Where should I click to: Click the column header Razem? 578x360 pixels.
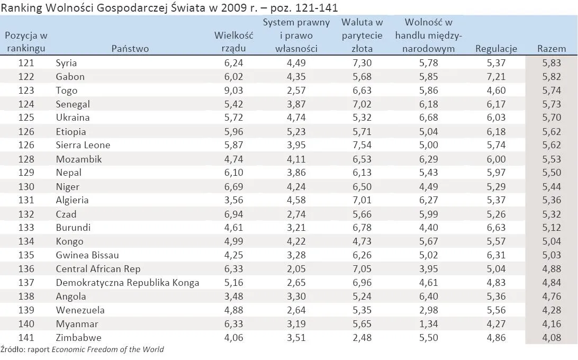(x=552, y=49)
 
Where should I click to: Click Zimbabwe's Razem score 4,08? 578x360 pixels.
(x=552, y=338)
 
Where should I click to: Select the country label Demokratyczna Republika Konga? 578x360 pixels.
(x=128, y=283)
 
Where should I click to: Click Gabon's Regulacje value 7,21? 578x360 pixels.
(x=496, y=76)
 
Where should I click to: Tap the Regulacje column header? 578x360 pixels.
(x=496, y=49)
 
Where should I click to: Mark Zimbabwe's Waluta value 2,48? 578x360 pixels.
(x=362, y=338)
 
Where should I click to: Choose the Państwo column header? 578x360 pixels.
(x=130, y=49)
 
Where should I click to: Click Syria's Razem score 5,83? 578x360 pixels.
(x=552, y=62)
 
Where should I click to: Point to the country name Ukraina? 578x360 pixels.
(x=73, y=118)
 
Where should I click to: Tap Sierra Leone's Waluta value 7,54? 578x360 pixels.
(x=362, y=145)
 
